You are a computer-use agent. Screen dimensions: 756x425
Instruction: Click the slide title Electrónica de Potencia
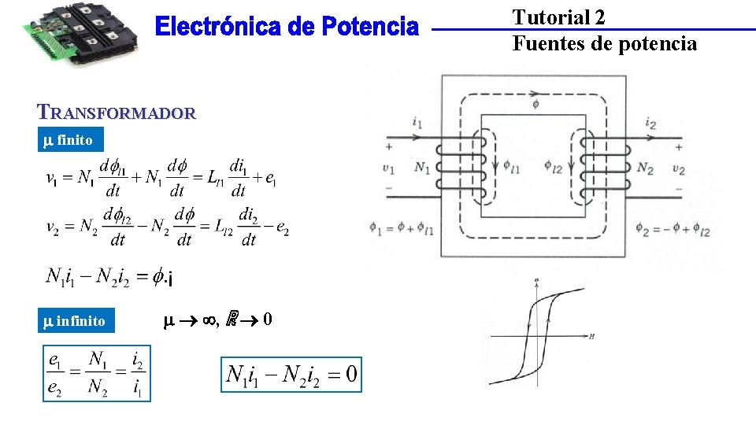287,28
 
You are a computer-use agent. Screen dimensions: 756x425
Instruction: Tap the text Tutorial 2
559,17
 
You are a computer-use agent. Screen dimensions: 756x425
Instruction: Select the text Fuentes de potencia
605,43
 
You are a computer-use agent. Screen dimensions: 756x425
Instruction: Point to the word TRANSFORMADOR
116,113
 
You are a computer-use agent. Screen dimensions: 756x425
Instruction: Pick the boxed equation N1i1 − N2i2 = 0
292,373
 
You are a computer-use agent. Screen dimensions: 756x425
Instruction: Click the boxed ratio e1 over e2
96,373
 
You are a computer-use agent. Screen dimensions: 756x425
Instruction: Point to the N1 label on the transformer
422,167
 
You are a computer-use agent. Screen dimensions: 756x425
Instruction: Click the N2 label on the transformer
644,167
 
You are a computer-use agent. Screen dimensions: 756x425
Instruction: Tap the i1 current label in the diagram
417,122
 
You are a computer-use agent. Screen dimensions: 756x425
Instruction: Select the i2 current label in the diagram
650,123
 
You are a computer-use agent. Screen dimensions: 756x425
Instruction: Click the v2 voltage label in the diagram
678,168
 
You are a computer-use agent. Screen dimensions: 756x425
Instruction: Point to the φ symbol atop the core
535,103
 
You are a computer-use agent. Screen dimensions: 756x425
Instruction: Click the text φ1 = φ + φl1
401,228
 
